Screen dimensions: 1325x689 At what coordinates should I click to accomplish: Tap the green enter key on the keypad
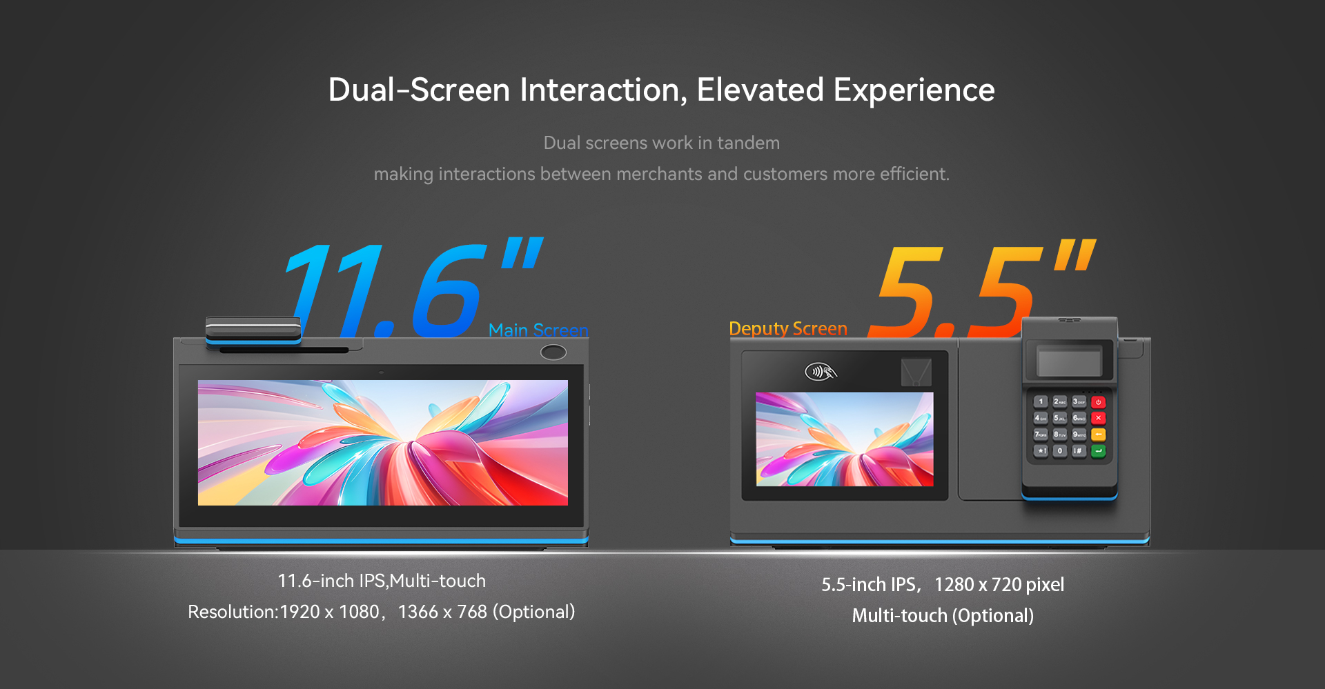[x=1099, y=451]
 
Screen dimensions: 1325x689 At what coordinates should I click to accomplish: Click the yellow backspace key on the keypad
[x=1099, y=435]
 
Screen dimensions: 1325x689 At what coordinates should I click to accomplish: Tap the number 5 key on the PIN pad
[x=1059, y=418]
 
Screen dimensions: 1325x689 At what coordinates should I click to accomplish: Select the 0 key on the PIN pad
[x=1060, y=451]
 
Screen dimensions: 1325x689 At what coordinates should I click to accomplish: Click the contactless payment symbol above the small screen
[x=821, y=372]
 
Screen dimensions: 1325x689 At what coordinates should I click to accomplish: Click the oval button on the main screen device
[x=553, y=352]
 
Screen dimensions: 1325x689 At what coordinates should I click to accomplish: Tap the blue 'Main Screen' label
[x=538, y=330]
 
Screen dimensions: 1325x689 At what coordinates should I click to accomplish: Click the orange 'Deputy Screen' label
[x=788, y=329]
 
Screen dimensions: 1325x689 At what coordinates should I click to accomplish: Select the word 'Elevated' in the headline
[x=760, y=90]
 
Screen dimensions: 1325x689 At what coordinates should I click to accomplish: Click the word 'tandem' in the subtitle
[x=748, y=143]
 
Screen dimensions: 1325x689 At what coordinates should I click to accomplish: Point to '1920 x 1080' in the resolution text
[x=330, y=612]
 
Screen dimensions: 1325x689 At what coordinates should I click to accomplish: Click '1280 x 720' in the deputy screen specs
[x=978, y=585]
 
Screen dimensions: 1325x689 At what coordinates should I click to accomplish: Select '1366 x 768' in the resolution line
[x=442, y=612]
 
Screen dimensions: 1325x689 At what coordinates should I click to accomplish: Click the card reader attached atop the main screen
[x=253, y=330]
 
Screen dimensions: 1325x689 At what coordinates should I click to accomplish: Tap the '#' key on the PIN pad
[x=1079, y=451]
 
